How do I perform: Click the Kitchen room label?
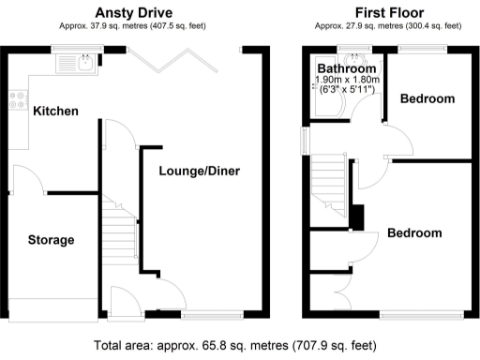(55, 111)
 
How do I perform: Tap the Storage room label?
(50, 240)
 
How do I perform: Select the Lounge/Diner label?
(199, 171)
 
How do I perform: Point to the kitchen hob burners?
(17, 100)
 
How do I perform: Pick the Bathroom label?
(346, 69)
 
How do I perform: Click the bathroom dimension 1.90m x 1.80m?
(346, 82)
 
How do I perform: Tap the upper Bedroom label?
(427, 98)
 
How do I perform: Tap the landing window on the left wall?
(303, 139)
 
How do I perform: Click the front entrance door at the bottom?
(123, 302)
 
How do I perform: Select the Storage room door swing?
(25, 186)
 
